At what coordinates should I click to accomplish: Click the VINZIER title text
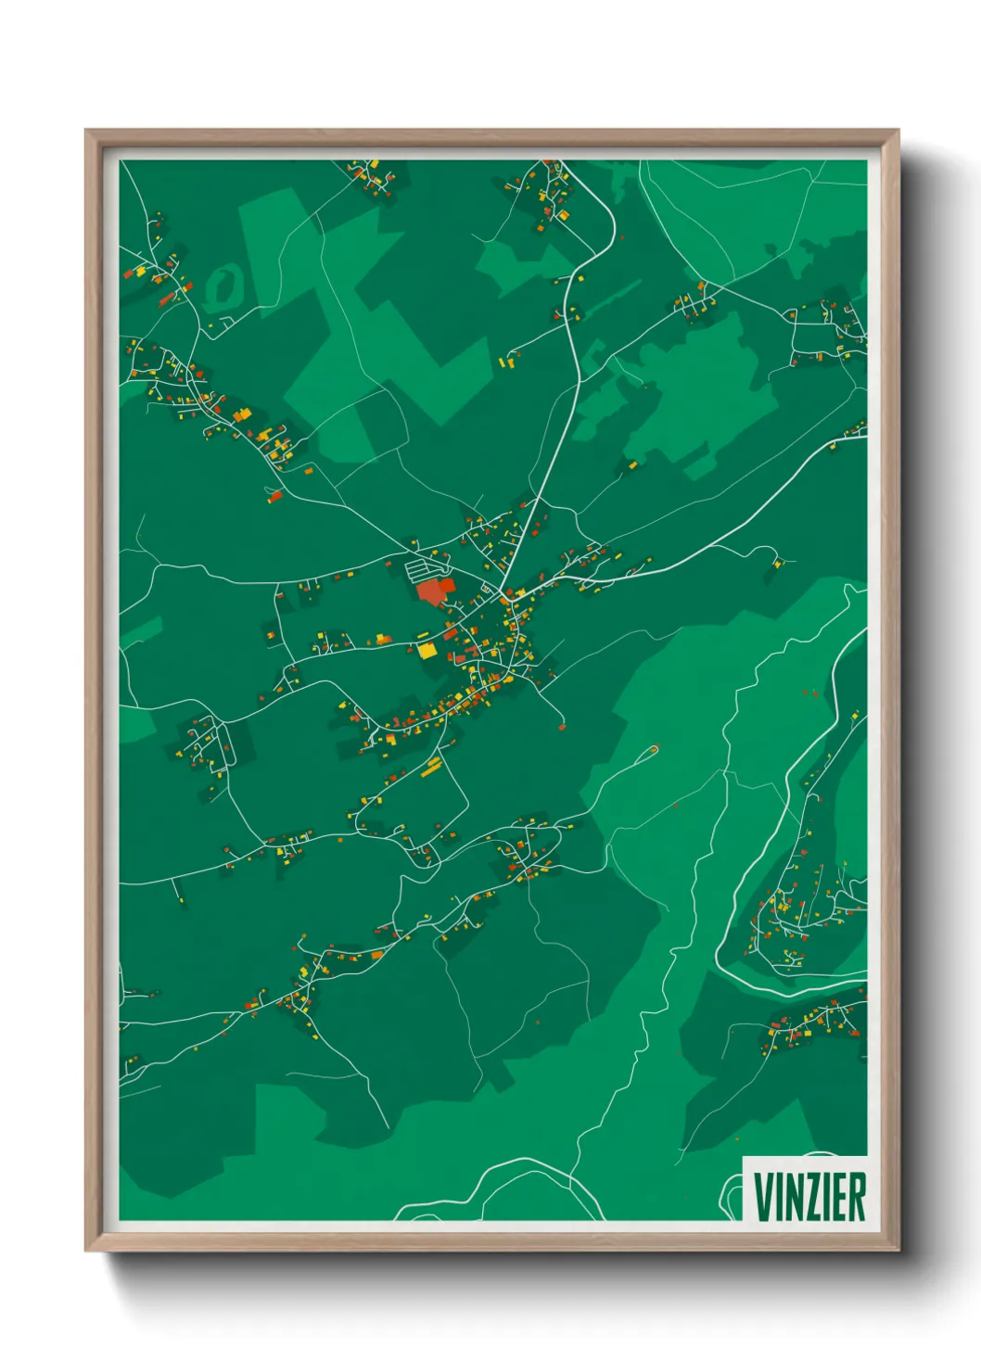tap(809, 1197)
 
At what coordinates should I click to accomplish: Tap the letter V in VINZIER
tap(764, 1197)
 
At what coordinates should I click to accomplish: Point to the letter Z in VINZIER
tap(813, 1197)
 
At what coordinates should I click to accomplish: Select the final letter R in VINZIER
tap(857, 1197)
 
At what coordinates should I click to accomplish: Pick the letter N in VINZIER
tap(794, 1197)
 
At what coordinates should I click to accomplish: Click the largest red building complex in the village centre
tap(433, 591)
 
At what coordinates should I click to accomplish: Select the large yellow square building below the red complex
tap(427, 649)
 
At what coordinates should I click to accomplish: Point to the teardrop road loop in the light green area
tap(649, 750)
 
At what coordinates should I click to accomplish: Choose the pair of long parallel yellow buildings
tap(432, 766)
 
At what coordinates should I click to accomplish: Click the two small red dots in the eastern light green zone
tap(810, 692)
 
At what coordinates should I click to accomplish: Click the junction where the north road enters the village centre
tap(503, 591)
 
